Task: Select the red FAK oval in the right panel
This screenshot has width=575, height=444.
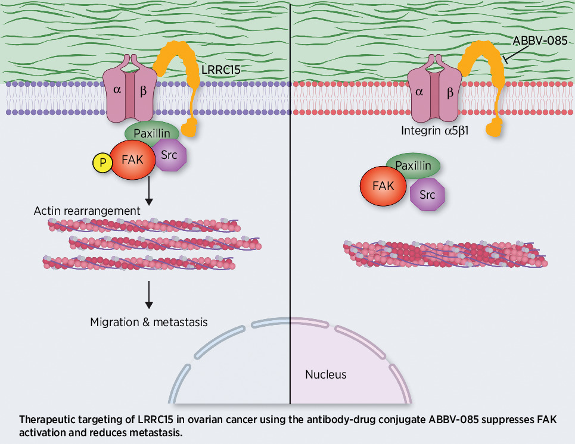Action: (x=383, y=186)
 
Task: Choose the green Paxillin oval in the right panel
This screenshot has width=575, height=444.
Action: (x=414, y=164)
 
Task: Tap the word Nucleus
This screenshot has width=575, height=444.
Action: (x=325, y=375)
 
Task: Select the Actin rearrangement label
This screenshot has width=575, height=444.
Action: (x=87, y=211)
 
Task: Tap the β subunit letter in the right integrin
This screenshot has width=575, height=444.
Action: (x=450, y=92)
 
